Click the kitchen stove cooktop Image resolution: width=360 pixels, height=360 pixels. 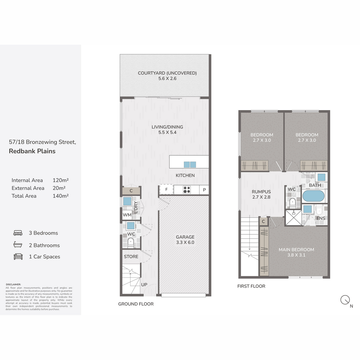coord(187,190)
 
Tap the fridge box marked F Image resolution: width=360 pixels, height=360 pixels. coord(166,190)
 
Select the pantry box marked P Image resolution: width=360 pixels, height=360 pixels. coord(204,190)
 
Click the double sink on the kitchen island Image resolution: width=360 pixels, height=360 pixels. coord(190,164)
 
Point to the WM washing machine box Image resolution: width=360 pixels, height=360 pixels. coord(127,215)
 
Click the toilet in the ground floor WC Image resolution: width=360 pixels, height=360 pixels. coord(130,242)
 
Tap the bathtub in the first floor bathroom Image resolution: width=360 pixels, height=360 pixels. coord(313,196)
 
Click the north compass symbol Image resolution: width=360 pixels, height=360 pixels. coord(345,300)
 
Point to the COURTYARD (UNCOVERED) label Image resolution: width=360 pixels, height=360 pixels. coord(167,73)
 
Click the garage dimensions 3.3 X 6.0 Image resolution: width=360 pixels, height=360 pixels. coord(185,242)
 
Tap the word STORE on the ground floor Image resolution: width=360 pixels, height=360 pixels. coord(131,256)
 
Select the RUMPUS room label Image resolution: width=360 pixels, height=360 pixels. coord(261,192)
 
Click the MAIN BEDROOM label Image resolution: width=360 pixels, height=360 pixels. coord(296,250)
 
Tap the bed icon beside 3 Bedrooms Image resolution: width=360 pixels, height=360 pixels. coord(18,233)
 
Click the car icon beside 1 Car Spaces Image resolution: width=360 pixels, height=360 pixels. coord(18,256)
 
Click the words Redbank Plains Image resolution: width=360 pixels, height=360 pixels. coord(32,151)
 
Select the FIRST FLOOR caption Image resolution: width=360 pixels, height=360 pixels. coord(251,286)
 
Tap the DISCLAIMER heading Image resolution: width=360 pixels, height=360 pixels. coord(13,284)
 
